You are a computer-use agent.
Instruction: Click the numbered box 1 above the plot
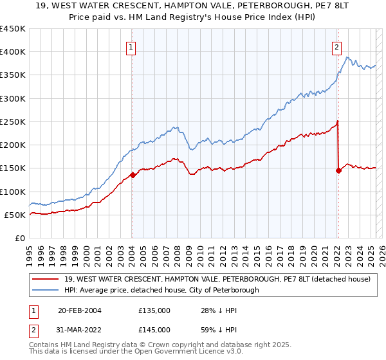coord(131,46)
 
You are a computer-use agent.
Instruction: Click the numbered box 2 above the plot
coord(336,46)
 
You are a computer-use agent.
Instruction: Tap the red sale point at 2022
coord(338,170)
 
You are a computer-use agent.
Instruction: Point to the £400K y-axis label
coord(13,52)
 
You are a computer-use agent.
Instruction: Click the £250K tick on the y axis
coord(13,122)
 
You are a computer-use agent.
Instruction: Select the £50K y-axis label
coord(15,215)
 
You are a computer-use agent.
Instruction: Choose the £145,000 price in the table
coord(154,330)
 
